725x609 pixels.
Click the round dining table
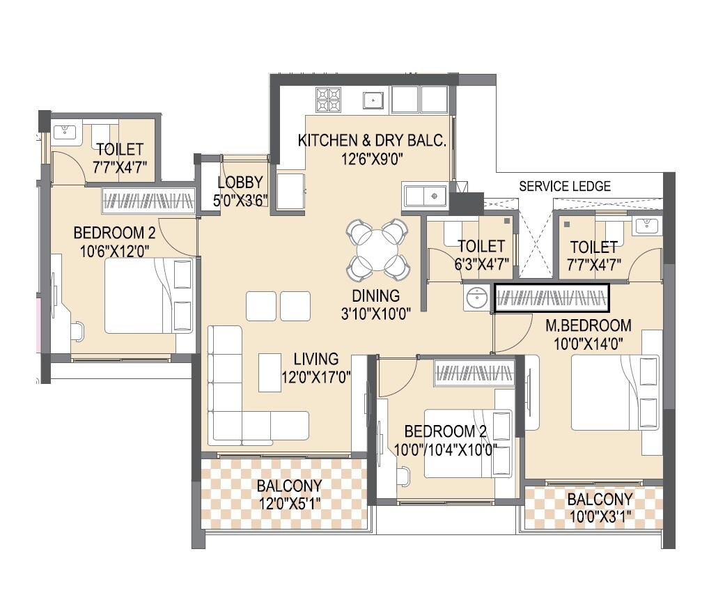point(377,247)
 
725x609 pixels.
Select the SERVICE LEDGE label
point(565,186)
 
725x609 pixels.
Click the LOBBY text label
point(240,183)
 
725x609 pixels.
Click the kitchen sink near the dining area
point(425,196)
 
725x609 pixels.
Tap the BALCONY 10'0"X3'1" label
point(599,508)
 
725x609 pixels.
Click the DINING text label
point(375,295)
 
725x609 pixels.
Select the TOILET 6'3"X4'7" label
point(481,254)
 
